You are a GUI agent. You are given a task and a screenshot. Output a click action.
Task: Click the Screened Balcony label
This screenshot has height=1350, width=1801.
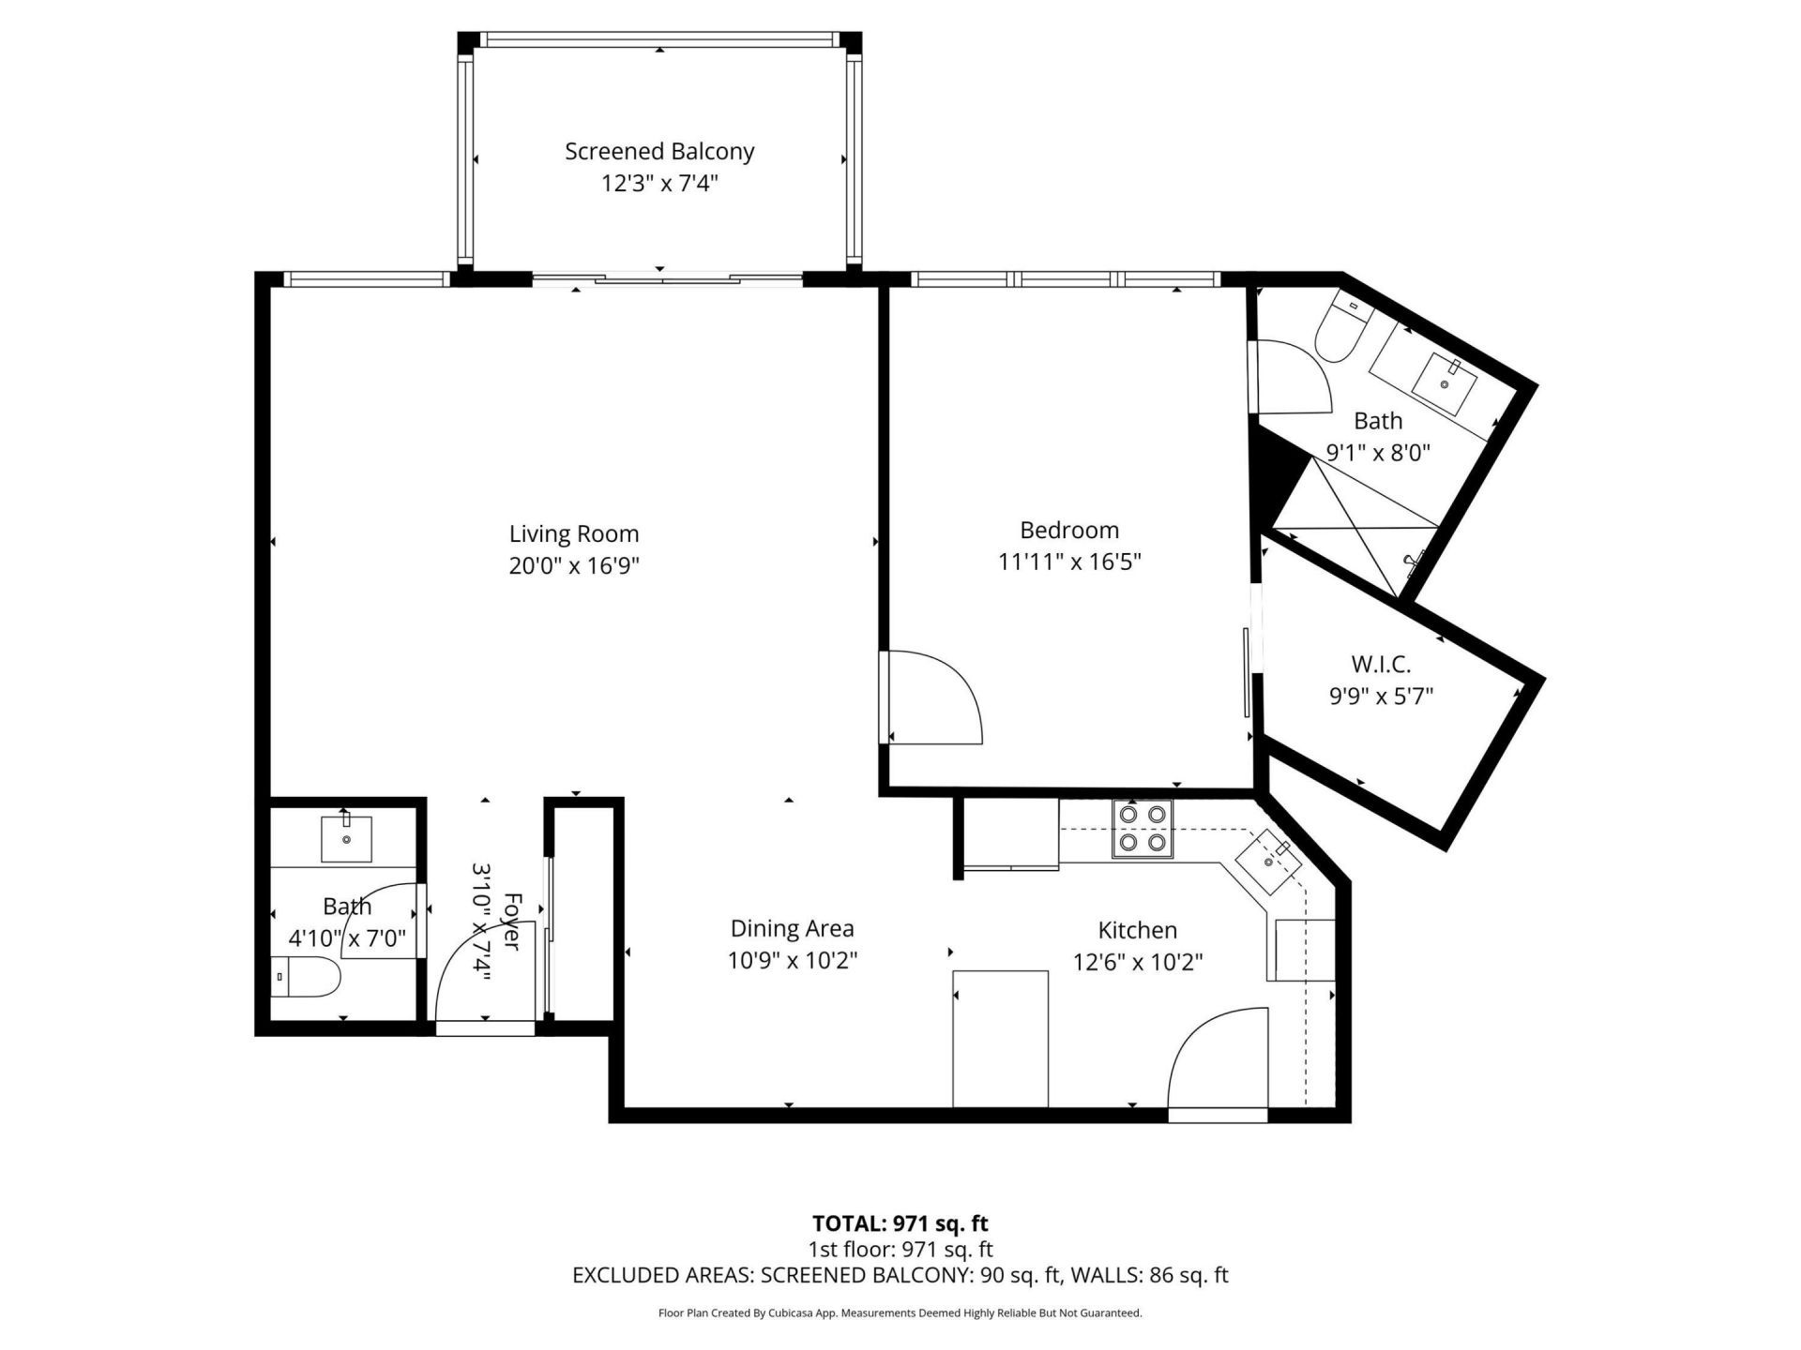point(659,151)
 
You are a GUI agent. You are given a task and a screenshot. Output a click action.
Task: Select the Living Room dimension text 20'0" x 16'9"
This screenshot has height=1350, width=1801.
point(574,565)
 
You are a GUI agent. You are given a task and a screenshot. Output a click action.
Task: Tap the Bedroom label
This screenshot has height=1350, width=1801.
point(1069,530)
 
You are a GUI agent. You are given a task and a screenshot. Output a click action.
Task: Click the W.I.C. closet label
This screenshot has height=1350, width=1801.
point(1381,665)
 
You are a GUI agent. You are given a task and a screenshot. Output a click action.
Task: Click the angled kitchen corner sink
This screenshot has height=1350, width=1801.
point(1268,861)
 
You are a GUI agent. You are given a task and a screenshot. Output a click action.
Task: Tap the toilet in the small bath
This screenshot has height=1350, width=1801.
point(308,978)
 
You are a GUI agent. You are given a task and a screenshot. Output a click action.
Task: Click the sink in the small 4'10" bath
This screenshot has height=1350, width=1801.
point(346,838)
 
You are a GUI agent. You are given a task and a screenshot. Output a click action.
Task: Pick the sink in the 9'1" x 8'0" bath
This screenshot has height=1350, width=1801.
point(1445,383)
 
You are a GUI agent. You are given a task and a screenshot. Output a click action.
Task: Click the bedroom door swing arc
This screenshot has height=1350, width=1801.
point(938,696)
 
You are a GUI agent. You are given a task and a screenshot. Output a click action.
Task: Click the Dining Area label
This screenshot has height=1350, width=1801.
point(792,928)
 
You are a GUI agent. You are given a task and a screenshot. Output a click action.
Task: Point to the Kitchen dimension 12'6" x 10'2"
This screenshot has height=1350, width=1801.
point(1138,962)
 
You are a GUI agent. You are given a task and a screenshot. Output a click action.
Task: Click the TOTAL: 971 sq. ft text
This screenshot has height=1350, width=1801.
point(900,1223)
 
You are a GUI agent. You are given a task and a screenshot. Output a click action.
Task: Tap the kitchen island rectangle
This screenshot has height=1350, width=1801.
point(1000,1039)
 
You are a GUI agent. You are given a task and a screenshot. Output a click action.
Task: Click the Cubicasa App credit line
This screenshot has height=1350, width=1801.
point(900,1313)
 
